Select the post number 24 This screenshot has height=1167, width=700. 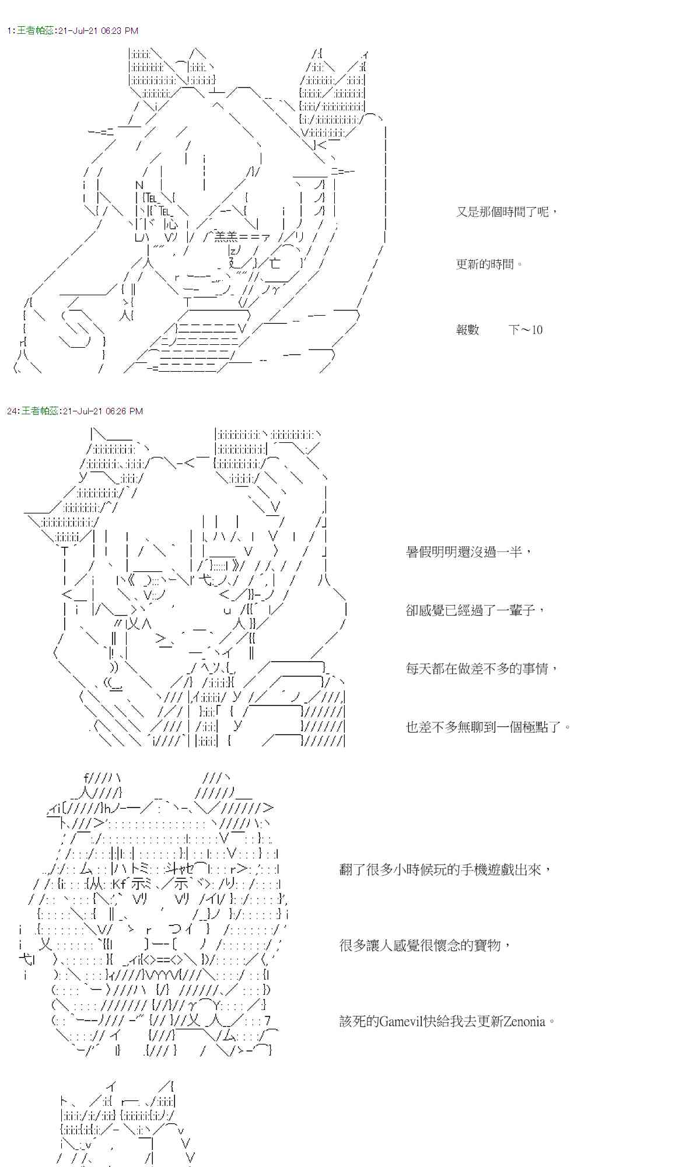point(12,411)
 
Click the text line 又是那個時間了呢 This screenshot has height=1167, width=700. point(506,212)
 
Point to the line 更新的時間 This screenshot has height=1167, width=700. point(489,264)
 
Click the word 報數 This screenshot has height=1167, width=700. point(467,330)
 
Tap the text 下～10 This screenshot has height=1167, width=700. point(525,330)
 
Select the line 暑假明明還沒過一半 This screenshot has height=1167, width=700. point(468,552)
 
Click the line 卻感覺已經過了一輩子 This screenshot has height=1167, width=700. point(475,610)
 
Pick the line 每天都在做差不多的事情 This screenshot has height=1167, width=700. point(482,669)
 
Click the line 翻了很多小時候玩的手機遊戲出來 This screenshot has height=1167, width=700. point(444,870)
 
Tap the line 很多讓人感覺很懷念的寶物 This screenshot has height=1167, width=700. point(425,945)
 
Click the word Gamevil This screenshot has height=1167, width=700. point(403,1022)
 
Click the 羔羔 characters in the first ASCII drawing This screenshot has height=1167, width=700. point(225,236)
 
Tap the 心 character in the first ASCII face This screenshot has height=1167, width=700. point(170,223)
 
